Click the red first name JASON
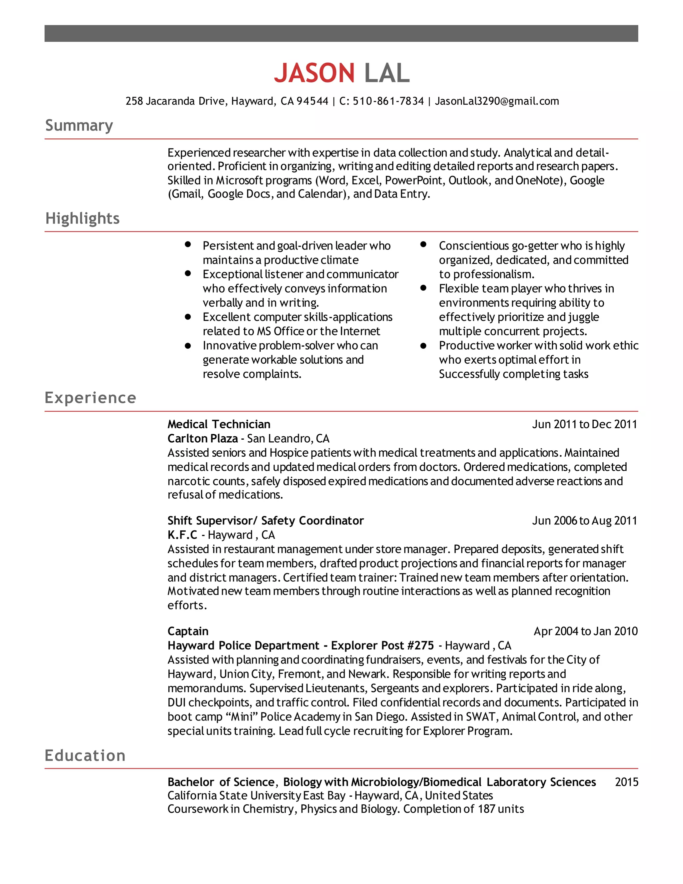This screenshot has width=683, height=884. (314, 73)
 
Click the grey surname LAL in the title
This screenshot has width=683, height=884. (387, 73)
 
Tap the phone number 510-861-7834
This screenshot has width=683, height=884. (388, 101)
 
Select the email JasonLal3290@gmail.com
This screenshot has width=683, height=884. (497, 101)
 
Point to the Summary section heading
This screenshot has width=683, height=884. (79, 125)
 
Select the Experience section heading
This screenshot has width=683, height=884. (90, 398)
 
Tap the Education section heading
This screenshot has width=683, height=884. (85, 756)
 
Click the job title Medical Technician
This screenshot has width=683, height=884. (219, 424)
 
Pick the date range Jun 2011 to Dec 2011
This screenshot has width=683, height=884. (584, 424)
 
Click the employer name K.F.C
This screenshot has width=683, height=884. (182, 535)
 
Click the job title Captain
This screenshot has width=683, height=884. (188, 631)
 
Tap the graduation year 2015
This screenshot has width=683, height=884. (626, 782)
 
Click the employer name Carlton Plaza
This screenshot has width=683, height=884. (202, 439)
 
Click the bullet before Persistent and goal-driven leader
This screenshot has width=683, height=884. (187, 245)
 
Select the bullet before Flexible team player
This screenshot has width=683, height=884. (423, 288)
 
